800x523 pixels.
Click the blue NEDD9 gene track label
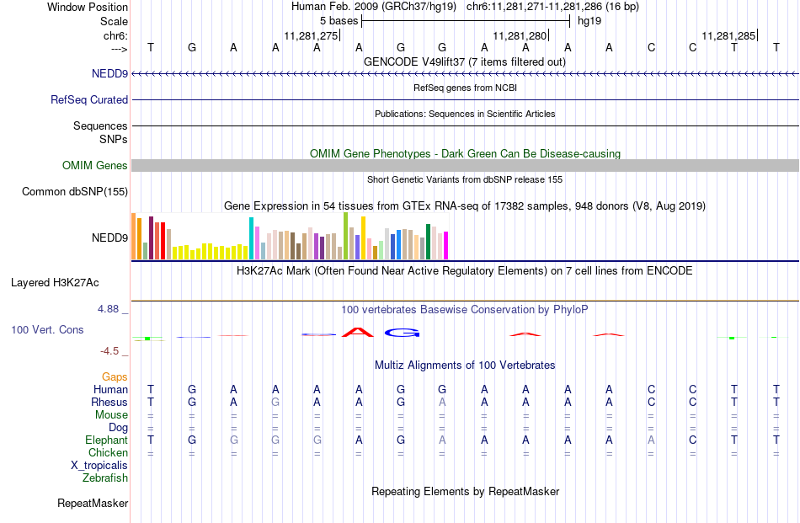pyautogui.click(x=109, y=74)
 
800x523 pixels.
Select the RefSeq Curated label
pyautogui.click(x=89, y=100)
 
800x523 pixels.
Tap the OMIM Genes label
pyautogui.click(x=95, y=166)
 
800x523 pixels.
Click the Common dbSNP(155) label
pyautogui.click(x=75, y=192)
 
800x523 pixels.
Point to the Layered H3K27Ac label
pyautogui.click(x=55, y=283)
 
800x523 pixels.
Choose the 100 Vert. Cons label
pyautogui.click(x=47, y=330)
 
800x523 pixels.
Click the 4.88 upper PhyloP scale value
pyautogui.click(x=108, y=309)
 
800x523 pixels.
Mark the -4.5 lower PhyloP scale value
pyautogui.click(x=109, y=351)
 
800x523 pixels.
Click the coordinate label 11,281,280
pyautogui.click(x=520, y=36)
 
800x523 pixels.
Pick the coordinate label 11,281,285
pyautogui.click(x=728, y=36)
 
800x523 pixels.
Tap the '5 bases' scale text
pyautogui.click(x=339, y=21)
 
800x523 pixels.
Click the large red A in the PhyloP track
pyautogui.click(x=358, y=333)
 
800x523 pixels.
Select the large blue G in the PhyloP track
pyautogui.click(x=402, y=333)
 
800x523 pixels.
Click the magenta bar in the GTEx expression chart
pyautogui.click(x=446, y=246)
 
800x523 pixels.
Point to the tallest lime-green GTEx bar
pyautogui.click(x=346, y=237)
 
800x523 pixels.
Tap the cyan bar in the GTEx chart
pyautogui.click(x=251, y=239)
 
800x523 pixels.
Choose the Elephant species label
pyautogui.click(x=107, y=440)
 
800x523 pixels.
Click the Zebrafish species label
pyautogui.click(x=105, y=478)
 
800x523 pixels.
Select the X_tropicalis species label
pyautogui.click(x=99, y=466)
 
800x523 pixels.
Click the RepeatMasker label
pyautogui.click(x=93, y=504)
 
